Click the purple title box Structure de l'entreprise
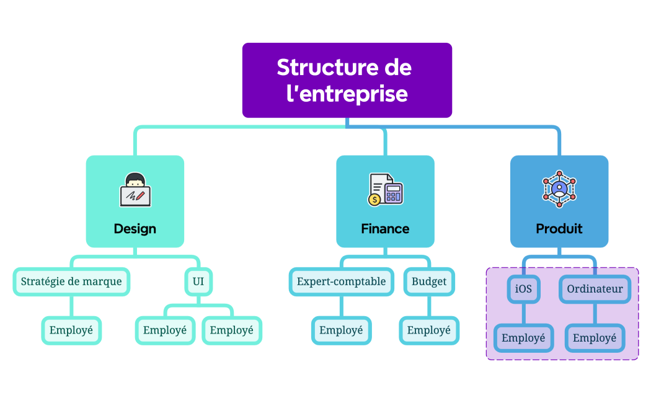tap(347, 80)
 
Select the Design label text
tap(135, 229)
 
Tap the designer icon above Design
tap(135, 190)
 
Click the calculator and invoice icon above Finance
tap(385, 190)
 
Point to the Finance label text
tap(385, 229)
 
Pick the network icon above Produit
tap(559, 188)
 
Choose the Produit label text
tap(559, 229)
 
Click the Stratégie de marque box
tap(71, 281)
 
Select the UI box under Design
tap(198, 281)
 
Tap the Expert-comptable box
tap(341, 281)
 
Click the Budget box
tap(429, 281)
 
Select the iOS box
tap(523, 289)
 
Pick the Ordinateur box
tap(595, 289)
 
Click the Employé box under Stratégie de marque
tap(71, 330)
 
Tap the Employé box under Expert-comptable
tap(341, 330)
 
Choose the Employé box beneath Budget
tap(429, 330)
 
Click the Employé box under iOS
tap(523, 339)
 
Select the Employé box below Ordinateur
tap(595, 339)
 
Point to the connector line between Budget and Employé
tap(429, 306)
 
